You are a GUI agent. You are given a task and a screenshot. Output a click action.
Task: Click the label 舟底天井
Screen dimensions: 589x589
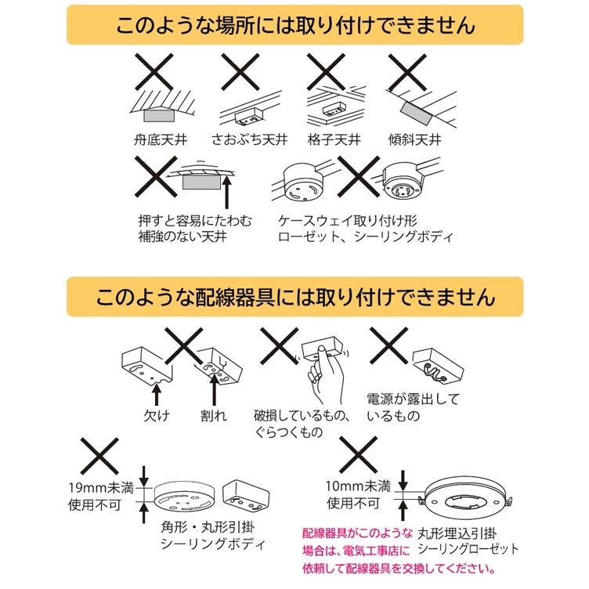click(x=161, y=142)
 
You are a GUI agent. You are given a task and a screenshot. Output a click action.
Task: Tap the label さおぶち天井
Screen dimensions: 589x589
click(x=249, y=142)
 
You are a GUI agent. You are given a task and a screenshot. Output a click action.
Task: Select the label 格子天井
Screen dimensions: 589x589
click(x=334, y=142)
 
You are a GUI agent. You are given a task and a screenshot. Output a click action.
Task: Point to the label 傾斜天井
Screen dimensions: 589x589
click(x=415, y=142)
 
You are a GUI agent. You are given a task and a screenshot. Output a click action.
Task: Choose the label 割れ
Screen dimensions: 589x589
click(x=212, y=414)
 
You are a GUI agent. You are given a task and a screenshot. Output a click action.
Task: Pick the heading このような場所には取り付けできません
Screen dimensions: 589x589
click(x=295, y=26)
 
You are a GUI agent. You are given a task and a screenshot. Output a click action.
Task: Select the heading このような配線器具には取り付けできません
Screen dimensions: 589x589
click(x=295, y=298)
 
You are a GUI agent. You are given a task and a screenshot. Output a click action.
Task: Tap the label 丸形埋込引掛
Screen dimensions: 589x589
click(x=457, y=533)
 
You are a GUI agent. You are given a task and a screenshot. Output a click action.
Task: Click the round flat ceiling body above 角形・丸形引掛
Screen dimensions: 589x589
click(x=183, y=497)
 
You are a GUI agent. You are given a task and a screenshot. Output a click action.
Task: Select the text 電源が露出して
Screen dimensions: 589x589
click(x=411, y=398)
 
